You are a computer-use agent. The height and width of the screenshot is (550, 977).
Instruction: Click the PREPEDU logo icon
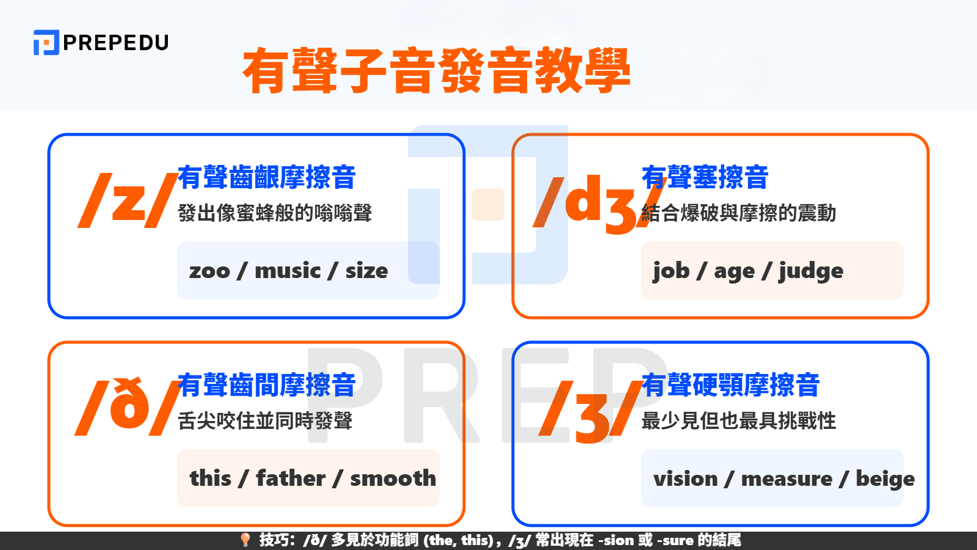tap(46, 42)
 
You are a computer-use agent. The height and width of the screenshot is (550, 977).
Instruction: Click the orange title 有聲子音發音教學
tap(436, 71)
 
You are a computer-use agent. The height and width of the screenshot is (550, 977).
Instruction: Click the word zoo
tap(209, 271)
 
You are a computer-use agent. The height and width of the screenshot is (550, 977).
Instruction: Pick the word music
tap(287, 271)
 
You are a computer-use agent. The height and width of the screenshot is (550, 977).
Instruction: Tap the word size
tap(366, 271)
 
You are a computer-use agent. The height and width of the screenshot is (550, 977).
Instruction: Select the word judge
tap(810, 271)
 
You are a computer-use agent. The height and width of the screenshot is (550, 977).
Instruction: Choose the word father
tap(291, 478)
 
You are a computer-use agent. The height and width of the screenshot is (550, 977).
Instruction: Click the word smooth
tap(393, 478)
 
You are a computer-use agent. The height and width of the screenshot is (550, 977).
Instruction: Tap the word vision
tap(685, 479)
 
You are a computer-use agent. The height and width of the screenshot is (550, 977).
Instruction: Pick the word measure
tap(786, 479)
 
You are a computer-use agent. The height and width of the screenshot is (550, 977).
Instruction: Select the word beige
tap(885, 479)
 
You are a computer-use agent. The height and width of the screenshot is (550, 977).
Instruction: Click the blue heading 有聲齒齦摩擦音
tap(266, 177)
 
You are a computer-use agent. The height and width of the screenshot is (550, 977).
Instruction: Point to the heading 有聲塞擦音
tap(705, 177)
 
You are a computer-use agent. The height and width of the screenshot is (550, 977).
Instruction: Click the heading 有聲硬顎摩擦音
tap(730, 385)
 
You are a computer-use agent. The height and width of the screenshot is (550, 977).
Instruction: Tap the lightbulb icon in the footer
tap(245, 540)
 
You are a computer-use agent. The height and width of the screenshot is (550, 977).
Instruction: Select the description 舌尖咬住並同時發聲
tap(265, 420)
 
